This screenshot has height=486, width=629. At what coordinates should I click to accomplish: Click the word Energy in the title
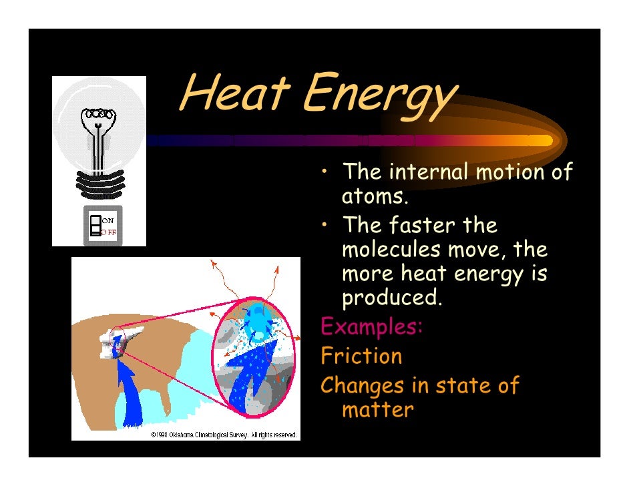pos(377,97)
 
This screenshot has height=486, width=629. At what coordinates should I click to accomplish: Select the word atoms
pos(373,198)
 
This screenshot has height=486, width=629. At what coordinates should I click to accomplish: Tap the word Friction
pos(361,356)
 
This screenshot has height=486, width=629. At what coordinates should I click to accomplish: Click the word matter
pos(377,409)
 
